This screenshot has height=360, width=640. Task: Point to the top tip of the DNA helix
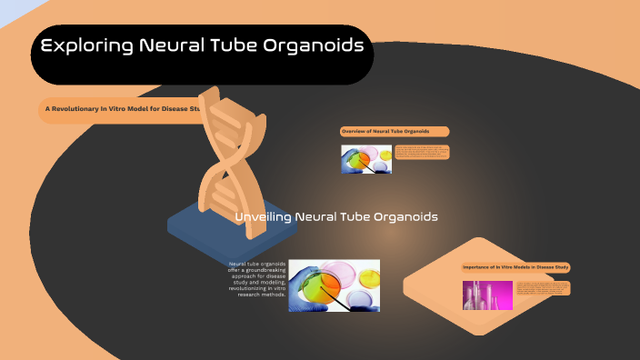click(210, 91)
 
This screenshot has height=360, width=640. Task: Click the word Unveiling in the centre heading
click(263, 217)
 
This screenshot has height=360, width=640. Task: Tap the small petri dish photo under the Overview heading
click(366, 159)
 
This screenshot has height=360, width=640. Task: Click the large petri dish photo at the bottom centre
click(334, 285)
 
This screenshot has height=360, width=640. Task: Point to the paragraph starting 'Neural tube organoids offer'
click(258, 279)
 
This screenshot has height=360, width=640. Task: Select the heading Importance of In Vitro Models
click(515, 267)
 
